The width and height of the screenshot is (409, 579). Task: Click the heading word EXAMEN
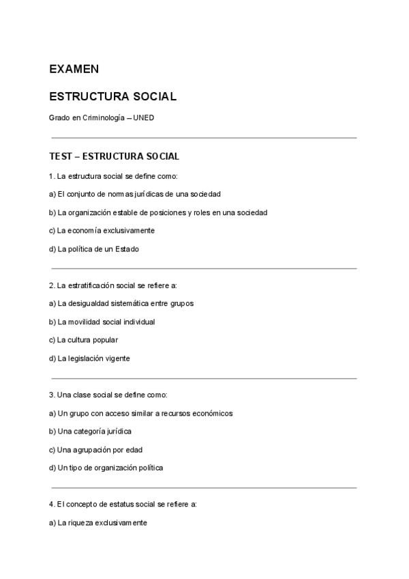pyautogui.click(x=74, y=69)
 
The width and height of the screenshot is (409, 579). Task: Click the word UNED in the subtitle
pyautogui.click(x=144, y=117)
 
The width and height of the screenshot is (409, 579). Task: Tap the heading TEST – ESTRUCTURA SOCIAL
pyautogui.click(x=114, y=156)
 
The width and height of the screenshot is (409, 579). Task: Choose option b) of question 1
pyautogui.click(x=158, y=212)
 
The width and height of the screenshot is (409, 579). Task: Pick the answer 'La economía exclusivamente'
pyautogui.click(x=102, y=231)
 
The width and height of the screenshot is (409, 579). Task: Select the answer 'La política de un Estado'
pyautogui.click(x=94, y=249)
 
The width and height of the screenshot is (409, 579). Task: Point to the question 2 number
pyautogui.click(x=52, y=285)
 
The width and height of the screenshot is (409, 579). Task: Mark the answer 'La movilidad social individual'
pyautogui.click(x=102, y=322)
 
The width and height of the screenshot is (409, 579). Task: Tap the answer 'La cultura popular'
pyautogui.click(x=84, y=340)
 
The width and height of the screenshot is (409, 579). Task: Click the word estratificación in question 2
pyautogui.click(x=89, y=285)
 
